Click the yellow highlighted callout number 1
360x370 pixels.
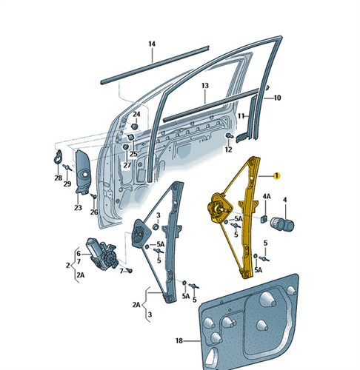(x=276, y=175)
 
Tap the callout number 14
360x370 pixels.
(x=152, y=44)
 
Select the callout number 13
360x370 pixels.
(x=205, y=86)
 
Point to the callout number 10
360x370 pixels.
(x=277, y=98)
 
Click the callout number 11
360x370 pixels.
(x=241, y=115)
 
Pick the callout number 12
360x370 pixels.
(x=228, y=149)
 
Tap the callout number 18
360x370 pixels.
(x=179, y=340)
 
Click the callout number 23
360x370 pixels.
(x=78, y=208)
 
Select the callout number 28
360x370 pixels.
(x=59, y=178)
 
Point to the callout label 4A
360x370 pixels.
(x=267, y=196)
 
